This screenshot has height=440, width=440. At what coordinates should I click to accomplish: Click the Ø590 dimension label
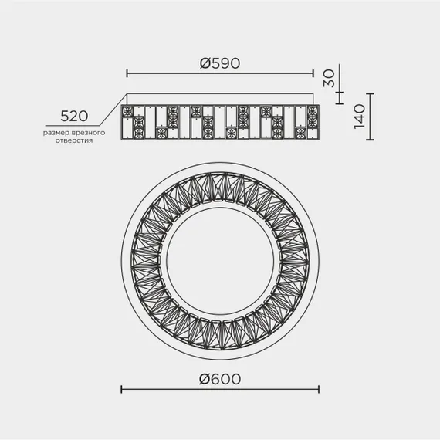coord(220,63)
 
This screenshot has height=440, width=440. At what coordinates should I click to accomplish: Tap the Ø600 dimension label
coord(220,379)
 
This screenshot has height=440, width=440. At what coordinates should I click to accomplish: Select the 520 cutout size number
coord(74,116)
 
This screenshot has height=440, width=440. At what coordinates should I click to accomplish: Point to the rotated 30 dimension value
coord(329,78)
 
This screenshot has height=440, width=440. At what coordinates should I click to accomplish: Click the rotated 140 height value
coord(359,117)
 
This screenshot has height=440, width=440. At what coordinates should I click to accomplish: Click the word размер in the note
coord(56,133)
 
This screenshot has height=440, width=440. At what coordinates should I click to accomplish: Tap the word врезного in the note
coord(89,133)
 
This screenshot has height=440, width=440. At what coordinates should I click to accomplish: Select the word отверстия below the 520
coord(74,140)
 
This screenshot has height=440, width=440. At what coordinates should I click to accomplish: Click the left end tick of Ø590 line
coord(127,74)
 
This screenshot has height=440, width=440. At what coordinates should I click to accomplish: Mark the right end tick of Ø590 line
coord(313,74)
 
